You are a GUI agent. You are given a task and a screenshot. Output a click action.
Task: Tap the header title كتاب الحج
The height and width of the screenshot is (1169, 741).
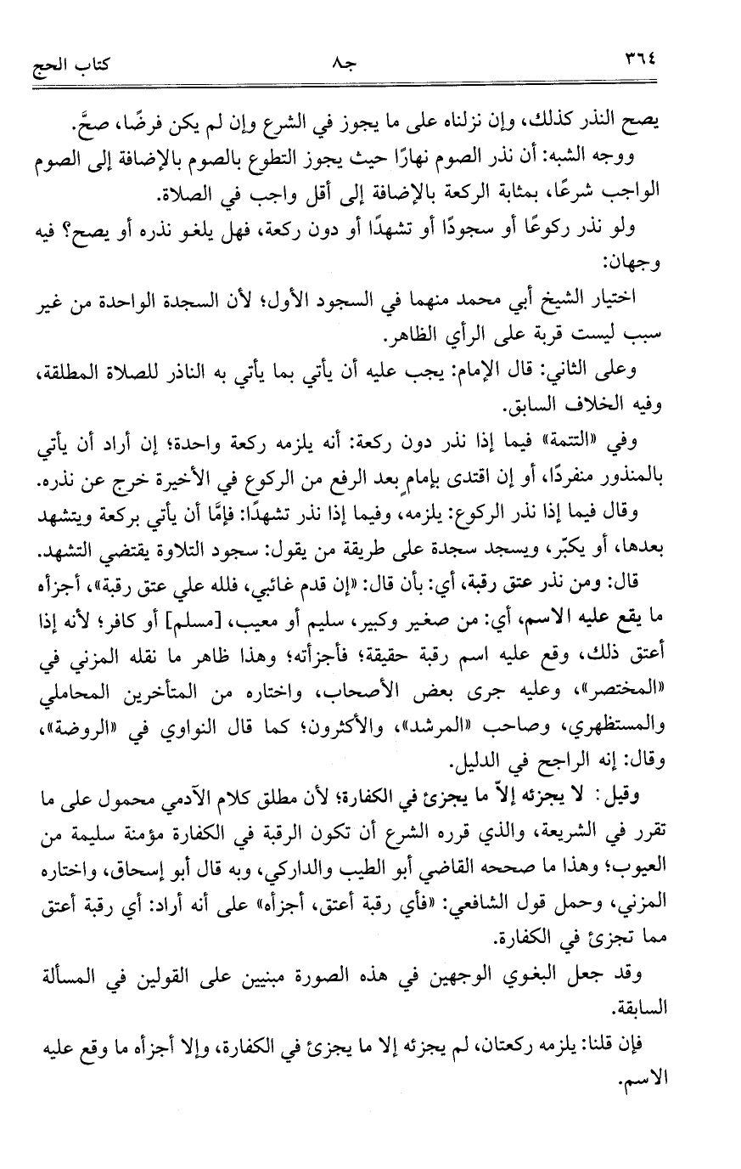coord(73,61)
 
